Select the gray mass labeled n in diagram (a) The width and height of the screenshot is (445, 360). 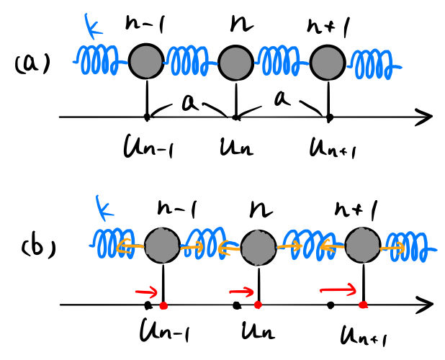pyautogui.click(x=235, y=63)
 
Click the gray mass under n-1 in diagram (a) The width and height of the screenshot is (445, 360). pyautogui.click(x=146, y=61)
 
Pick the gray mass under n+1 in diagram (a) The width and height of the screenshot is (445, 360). pyautogui.click(x=328, y=63)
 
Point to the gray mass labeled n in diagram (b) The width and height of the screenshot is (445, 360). pyautogui.click(x=259, y=248)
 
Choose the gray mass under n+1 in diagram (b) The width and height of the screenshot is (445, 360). pyautogui.click(x=363, y=246)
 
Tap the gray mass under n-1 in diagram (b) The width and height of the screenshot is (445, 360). pyautogui.click(x=162, y=246)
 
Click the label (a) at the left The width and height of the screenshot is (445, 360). pyautogui.click(x=32, y=63)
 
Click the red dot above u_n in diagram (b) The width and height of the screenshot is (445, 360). pyautogui.click(x=258, y=305)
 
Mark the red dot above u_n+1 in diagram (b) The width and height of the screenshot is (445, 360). pyautogui.click(x=363, y=305)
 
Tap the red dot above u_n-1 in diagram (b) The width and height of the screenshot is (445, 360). pyautogui.click(x=163, y=305)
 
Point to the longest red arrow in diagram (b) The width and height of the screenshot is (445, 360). pyautogui.click(x=338, y=289)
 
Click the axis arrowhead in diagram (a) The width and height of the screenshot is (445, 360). pyautogui.click(x=424, y=117)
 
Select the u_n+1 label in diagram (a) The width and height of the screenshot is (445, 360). pyautogui.click(x=332, y=148)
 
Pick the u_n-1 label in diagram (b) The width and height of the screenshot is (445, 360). pyautogui.click(x=165, y=330)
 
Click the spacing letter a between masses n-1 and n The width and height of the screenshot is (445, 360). pyautogui.click(x=189, y=102)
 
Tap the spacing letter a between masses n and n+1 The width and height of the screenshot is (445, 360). pyautogui.click(x=282, y=99)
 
